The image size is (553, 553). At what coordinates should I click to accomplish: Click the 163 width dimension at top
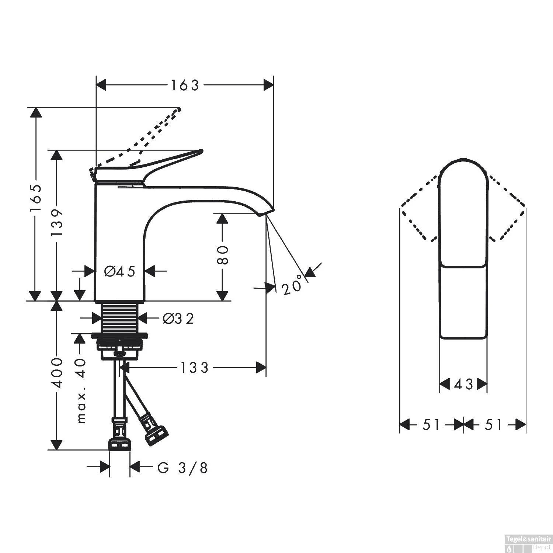(184, 85)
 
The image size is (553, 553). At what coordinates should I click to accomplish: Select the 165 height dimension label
(36, 198)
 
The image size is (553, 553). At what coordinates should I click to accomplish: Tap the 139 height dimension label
(57, 223)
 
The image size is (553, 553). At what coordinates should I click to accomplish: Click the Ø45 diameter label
(119, 272)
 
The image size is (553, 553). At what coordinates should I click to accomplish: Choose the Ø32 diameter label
(178, 319)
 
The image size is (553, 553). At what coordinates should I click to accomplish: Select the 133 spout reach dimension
(194, 367)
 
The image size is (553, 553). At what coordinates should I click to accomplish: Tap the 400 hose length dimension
(57, 372)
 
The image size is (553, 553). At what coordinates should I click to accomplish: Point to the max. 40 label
(81, 391)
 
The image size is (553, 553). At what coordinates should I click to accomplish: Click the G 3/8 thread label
(182, 468)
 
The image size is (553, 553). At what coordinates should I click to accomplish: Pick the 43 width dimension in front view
(463, 385)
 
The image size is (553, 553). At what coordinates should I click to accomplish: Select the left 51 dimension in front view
(431, 425)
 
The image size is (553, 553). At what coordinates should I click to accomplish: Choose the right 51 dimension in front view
(494, 425)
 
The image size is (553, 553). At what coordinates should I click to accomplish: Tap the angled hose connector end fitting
(156, 435)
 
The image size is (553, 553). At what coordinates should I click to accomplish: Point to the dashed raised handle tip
(178, 109)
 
